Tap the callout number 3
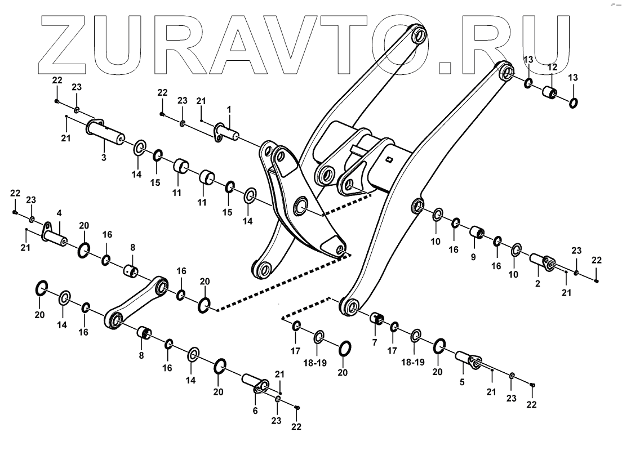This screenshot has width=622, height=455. pyautogui.click(x=104, y=158)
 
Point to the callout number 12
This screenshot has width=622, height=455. pyautogui.click(x=552, y=67)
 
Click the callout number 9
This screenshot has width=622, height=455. pyautogui.click(x=473, y=257)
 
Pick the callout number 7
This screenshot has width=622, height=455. pyautogui.click(x=374, y=342)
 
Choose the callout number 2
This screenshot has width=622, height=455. pyautogui.click(x=537, y=284)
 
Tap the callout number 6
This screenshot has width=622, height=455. pyautogui.click(x=255, y=411)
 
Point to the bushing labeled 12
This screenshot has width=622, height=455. pyautogui.click(x=549, y=92)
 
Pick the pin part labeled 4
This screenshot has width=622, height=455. pyautogui.click(x=57, y=235)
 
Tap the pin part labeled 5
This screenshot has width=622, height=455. pyautogui.click(x=468, y=360)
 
